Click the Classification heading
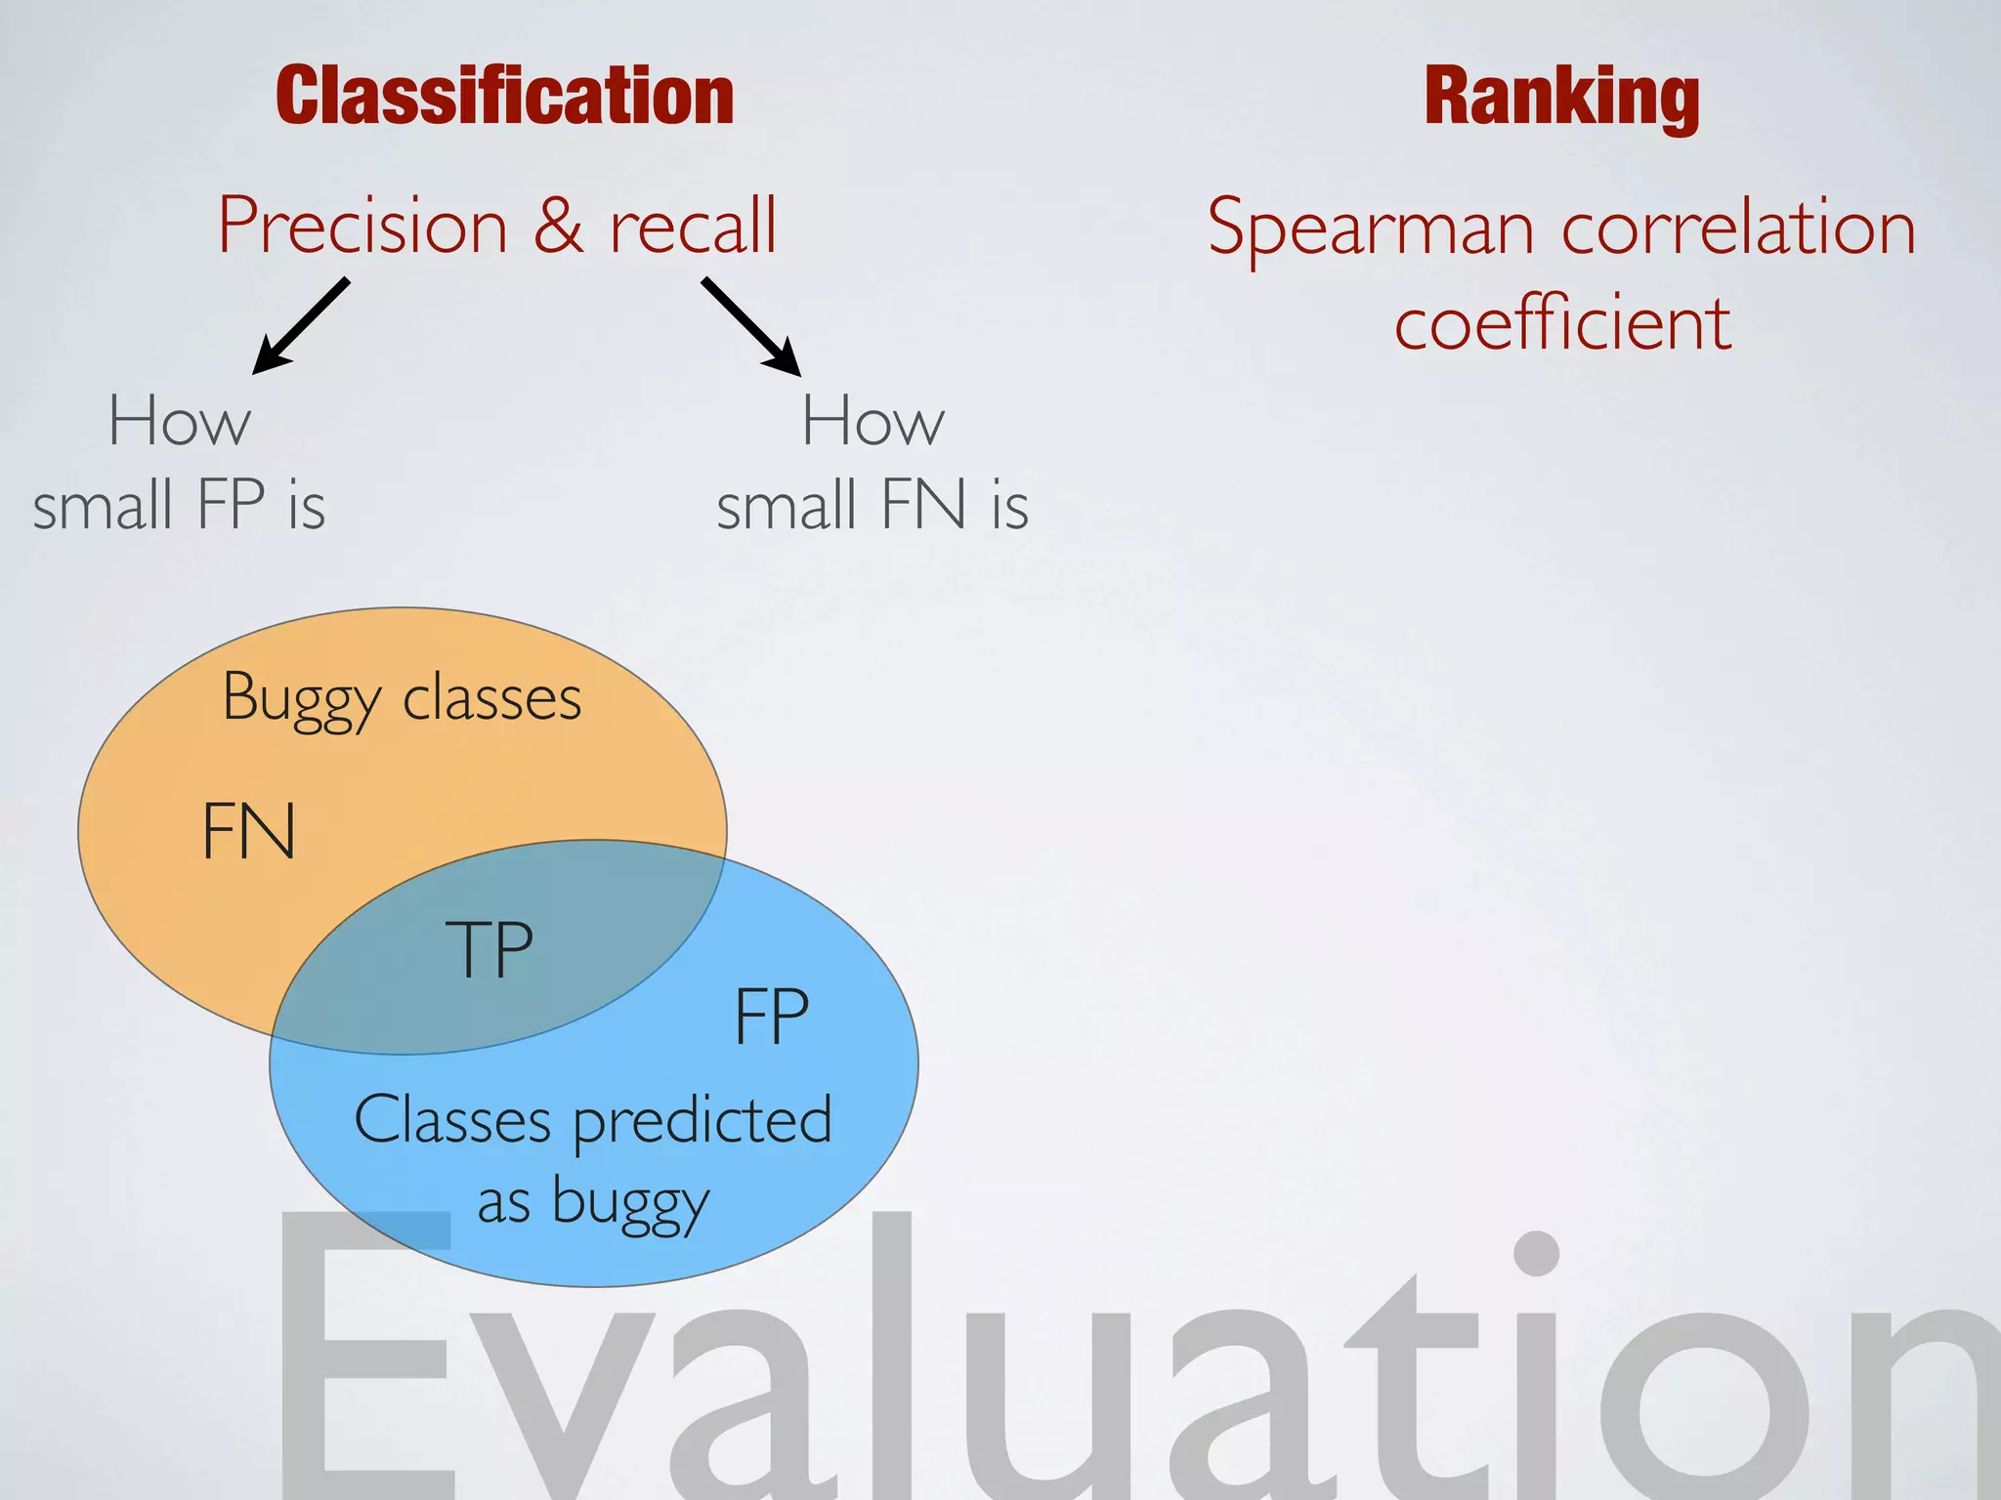tap(504, 96)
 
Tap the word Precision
tap(362, 226)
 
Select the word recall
tap(693, 226)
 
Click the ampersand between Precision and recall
tap(558, 226)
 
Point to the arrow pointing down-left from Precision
tap(301, 325)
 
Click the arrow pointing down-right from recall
tap(750, 326)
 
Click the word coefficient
tap(1562, 323)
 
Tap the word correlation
tap(1738, 229)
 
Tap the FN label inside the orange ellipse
tap(248, 831)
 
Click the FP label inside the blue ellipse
tap(771, 1017)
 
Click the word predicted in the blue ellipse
tap(702, 1120)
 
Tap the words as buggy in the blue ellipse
tap(592, 1202)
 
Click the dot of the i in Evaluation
tap(1537, 1252)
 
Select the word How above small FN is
tap(873, 421)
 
